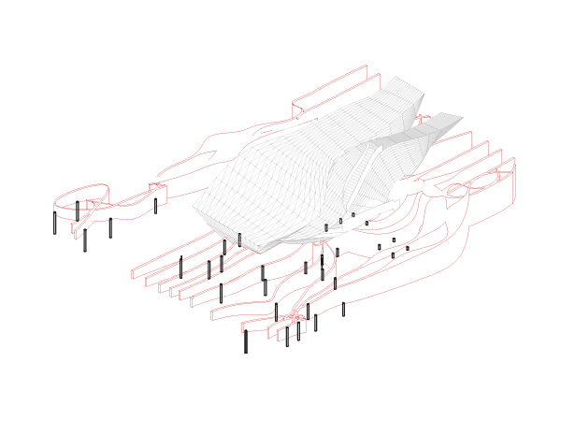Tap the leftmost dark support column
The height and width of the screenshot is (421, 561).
click(54, 223)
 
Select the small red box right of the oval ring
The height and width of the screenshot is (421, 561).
click(157, 191)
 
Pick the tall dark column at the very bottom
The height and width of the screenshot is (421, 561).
click(246, 341)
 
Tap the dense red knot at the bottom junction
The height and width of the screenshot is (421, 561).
click(295, 317)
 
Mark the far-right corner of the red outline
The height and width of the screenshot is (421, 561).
click(513, 168)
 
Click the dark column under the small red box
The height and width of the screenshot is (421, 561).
click(155, 205)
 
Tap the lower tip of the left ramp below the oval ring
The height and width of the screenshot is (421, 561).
click(76, 233)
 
